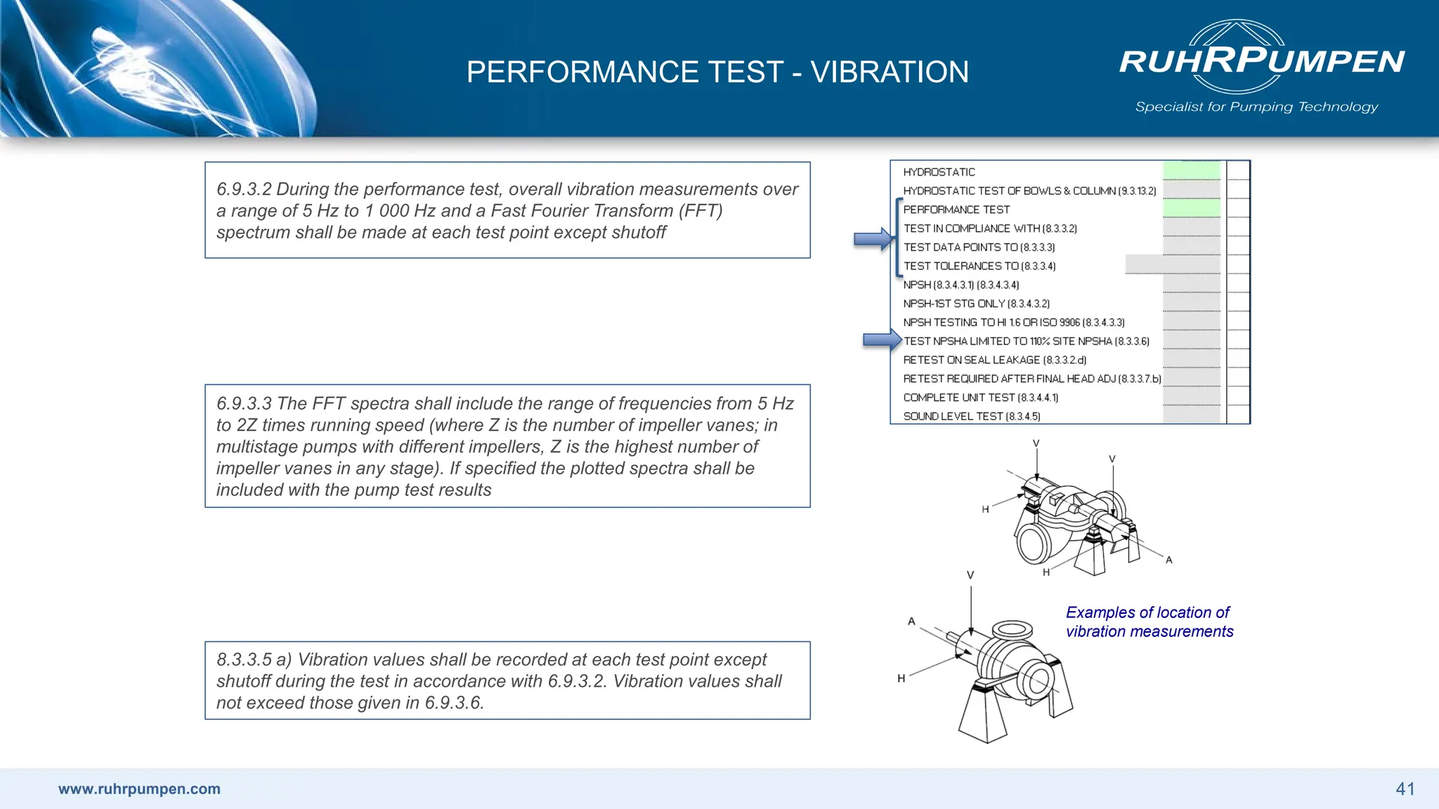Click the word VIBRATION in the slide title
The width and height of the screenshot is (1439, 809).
[x=889, y=72]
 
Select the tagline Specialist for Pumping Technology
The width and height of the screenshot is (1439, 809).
[x=1256, y=107]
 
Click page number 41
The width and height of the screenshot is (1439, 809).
[x=1405, y=789]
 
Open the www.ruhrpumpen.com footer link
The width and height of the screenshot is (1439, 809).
[x=139, y=789]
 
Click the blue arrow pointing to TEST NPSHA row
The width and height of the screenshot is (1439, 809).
[x=882, y=341]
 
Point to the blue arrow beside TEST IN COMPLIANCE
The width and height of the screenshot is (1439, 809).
[x=873, y=239]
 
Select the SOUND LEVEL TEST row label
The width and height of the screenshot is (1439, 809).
[x=971, y=416]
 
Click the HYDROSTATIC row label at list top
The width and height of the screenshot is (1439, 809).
[x=939, y=172]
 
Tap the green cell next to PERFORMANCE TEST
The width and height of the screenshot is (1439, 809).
[x=1192, y=209]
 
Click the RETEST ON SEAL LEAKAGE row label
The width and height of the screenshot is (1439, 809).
[x=994, y=360]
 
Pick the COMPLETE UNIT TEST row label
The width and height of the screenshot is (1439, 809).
[x=980, y=397]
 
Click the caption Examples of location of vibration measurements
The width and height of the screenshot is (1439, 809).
[x=1149, y=621]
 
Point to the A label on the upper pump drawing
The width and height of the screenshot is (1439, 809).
[x=1168, y=560]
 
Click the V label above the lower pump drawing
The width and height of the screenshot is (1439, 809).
[x=970, y=575]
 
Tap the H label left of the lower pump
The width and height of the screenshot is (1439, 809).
[x=901, y=678]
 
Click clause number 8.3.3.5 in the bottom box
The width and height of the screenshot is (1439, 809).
[x=243, y=660]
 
